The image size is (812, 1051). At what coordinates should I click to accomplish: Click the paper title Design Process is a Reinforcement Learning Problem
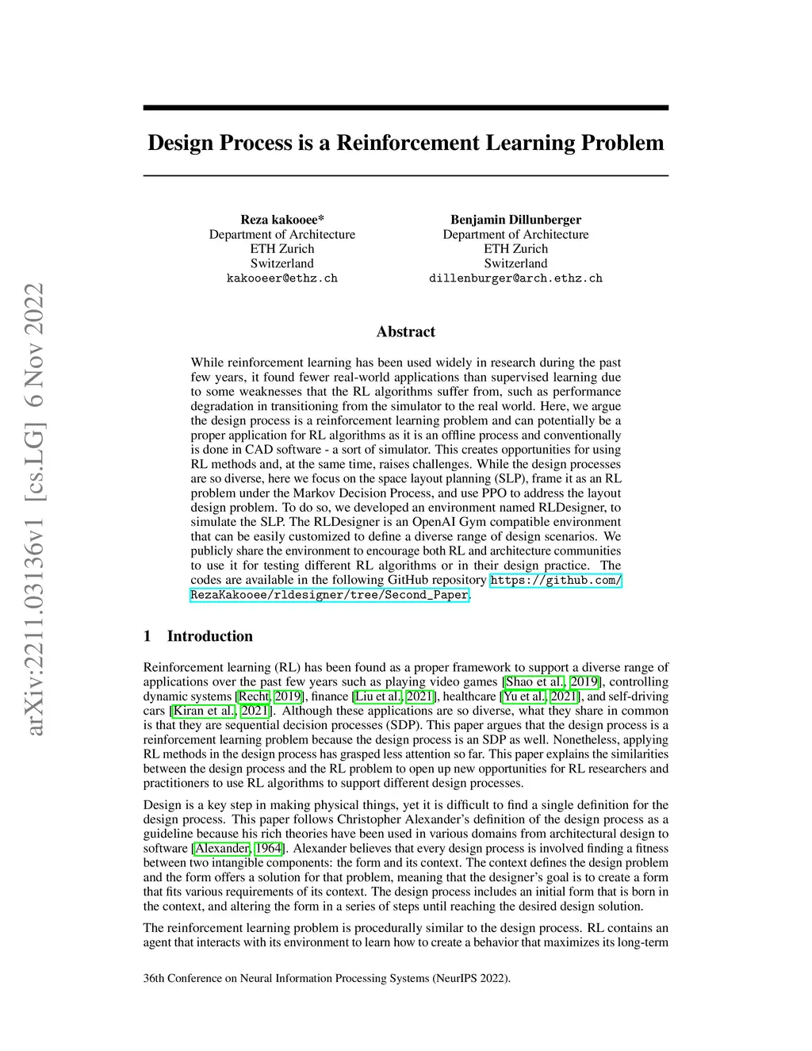coord(405,143)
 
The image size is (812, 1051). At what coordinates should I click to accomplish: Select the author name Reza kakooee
coord(282,220)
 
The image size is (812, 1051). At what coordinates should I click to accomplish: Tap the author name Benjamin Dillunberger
coord(515,220)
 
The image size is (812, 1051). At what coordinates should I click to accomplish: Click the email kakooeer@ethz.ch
coord(282,278)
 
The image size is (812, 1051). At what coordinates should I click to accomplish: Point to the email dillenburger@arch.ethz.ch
coord(515,278)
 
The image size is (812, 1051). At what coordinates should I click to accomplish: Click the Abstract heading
coord(405,332)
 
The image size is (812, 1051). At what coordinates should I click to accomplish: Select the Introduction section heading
coord(209,636)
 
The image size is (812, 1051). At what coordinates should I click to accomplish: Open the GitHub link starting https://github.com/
coord(555,581)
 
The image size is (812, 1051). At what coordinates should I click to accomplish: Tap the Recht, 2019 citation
coord(270,696)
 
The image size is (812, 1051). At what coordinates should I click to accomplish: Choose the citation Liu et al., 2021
coord(395,696)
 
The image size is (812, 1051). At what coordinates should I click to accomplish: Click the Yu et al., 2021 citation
coord(540,696)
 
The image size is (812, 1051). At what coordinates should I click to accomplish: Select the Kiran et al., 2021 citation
coord(220,711)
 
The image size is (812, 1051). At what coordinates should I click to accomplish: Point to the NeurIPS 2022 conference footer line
coord(327,978)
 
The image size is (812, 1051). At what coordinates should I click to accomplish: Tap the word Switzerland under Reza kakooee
coord(282,263)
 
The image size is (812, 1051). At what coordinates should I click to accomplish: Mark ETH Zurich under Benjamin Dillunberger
coord(515,249)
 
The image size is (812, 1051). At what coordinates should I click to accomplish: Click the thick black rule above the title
coord(405,107)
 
